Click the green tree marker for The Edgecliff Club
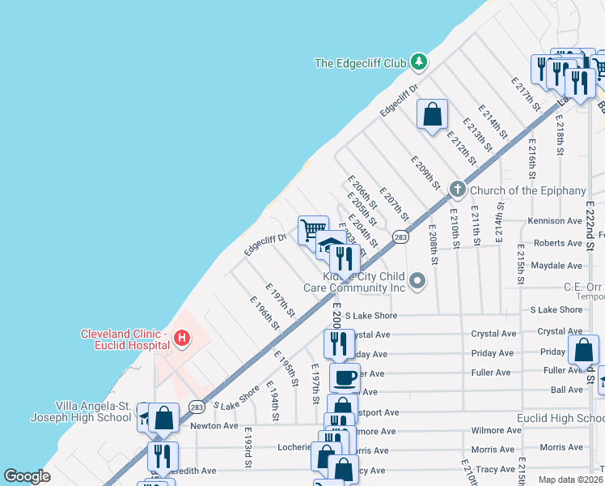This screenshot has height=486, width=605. pyautogui.click(x=418, y=62)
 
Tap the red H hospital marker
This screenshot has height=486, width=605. pyautogui.click(x=183, y=336)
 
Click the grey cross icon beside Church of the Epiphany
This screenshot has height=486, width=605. pyautogui.click(x=457, y=190)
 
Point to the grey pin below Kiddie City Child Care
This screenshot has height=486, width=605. pyautogui.click(x=417, y=281)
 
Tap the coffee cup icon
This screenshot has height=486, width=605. pyautogui.click(x=345, y=377)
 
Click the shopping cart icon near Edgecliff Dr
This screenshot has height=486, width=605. pyautogui.click(x=313, y=229)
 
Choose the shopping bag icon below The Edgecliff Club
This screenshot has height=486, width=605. pyautogui.click(x=433, y=113)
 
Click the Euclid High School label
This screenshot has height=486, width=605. pyautogui.click(x=561, y=418)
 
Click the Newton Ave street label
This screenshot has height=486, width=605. pyautogui.click(x=214, y=425)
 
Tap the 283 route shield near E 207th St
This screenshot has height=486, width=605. pyautogui.click(x=400, y=237)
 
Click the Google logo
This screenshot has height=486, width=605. pyautogui.click(x=27, y=476)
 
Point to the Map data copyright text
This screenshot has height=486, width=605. pyautogui.click(x=571, y=480)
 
